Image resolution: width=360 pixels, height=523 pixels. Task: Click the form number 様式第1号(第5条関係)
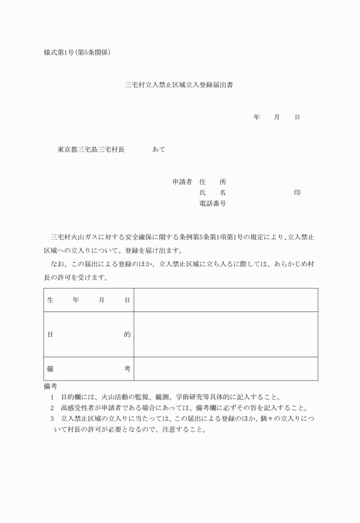point(77,53)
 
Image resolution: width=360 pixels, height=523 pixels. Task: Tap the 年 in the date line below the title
point(257,117)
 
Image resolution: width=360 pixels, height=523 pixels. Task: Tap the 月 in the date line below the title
point(277,117)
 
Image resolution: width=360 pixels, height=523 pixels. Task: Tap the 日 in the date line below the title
point(297,117)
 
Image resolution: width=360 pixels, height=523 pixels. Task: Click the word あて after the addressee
point(159,150)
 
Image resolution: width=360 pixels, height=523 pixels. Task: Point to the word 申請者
point(182,182)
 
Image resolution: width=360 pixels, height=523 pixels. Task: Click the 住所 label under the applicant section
point(212,182)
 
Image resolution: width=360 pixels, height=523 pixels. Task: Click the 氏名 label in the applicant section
point(212,193)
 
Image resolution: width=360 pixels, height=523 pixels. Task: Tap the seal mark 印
point(297,193)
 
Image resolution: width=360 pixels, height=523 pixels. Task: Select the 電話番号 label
point(212,203)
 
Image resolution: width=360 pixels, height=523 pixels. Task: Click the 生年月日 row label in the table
point(89,300)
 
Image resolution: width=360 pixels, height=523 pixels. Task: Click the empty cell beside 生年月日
point(226,300)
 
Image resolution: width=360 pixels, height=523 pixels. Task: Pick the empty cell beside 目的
point(226,334)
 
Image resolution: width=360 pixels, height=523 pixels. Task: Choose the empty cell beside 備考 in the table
point(226,369)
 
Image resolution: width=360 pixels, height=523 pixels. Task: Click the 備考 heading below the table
point(51,386)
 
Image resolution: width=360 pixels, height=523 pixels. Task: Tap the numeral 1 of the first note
point(51,397)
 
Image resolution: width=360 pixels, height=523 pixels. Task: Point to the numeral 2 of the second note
point(51,408)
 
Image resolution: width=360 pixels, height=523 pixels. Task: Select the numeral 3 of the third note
point(51,419)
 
